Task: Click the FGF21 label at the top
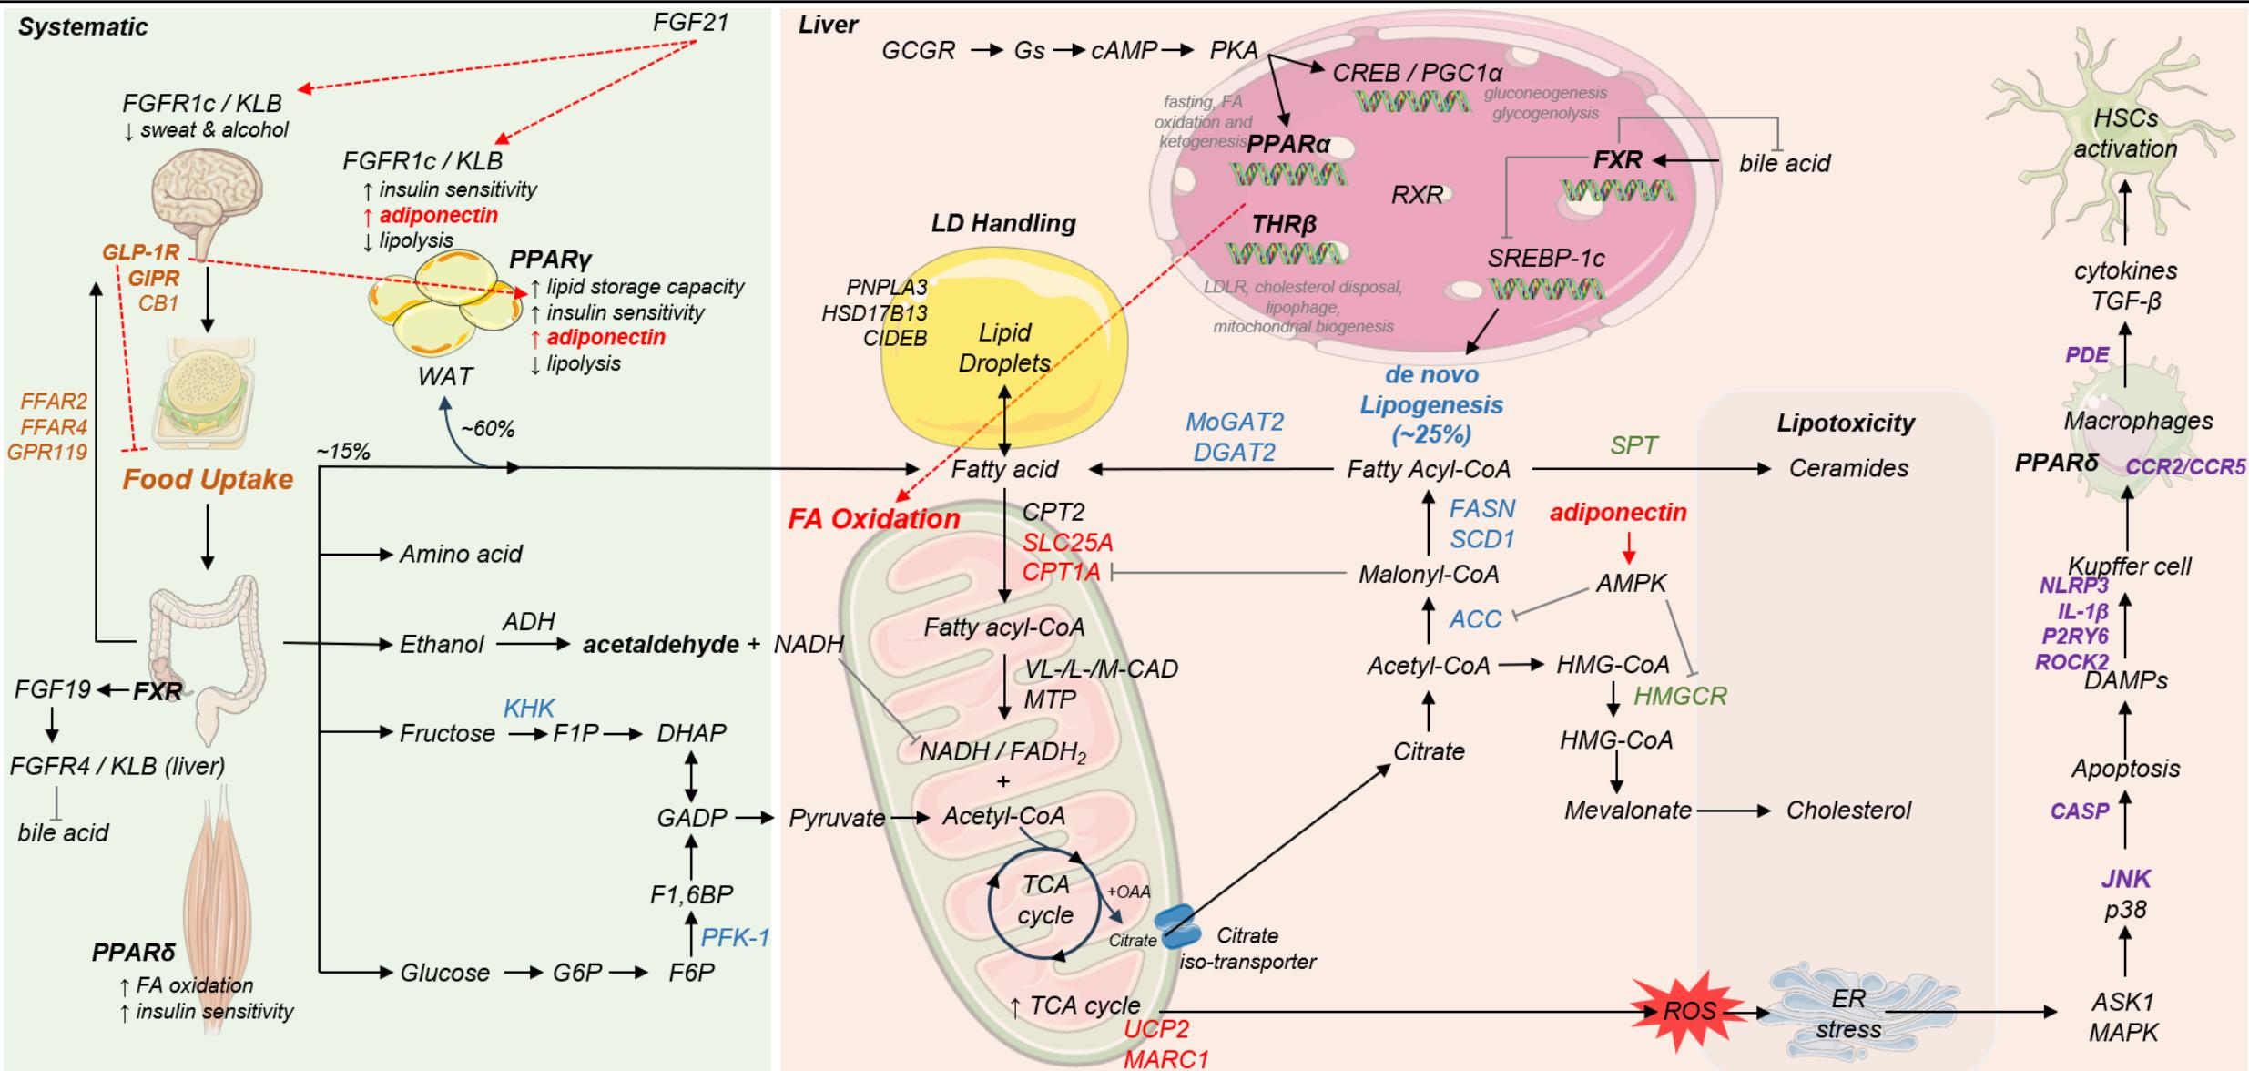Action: coord(691,22)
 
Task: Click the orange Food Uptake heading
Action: coord(208,479)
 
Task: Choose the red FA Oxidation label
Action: coord(874,519)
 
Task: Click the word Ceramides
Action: coord(1848,468)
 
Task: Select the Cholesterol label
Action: coord(1848,810)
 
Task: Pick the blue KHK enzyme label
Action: coord(529,708)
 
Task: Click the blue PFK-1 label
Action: coord(736,937)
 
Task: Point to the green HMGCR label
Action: coord(1680,697)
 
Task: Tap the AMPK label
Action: coord(1631,583)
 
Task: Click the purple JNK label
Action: coord(2125,879)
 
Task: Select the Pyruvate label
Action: coord(837,818)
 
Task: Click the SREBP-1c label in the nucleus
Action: coord(1546,258)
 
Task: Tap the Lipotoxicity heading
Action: coord(1846,423)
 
